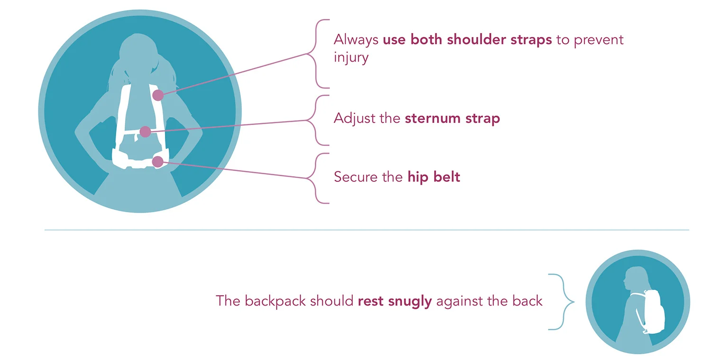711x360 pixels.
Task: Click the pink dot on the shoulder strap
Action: [x=158, y=95]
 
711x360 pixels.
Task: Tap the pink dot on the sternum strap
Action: [x=146, y=132]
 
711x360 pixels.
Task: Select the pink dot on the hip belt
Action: [x=157, y=162]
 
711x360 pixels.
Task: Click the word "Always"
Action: [x=356, y=39]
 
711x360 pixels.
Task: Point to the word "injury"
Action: [x=351, y=58]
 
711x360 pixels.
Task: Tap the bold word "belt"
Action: [x=448, y=177]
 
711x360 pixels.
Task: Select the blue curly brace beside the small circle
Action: [x=562, y=302]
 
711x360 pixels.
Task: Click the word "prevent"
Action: [x=599, y=39]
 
